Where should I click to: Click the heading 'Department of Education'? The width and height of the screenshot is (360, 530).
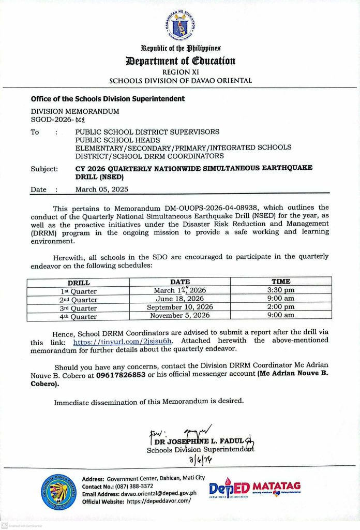coord(180,61)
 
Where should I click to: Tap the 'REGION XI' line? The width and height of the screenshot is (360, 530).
coord(180,72)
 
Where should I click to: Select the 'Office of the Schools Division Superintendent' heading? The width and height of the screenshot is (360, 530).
coord(108,98)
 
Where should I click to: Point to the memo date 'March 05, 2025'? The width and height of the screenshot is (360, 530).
coord(102,189)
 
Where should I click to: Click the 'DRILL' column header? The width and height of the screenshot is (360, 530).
coord(79,283)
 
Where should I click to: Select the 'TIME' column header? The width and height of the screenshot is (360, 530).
coord(281,282)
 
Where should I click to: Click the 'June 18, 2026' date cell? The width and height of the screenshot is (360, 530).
coord(180,299)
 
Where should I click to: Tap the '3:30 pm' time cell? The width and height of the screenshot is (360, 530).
coord(281,290)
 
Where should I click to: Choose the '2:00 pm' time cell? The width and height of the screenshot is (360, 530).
coord(281,307)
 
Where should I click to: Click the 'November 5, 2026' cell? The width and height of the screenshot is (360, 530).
coord(180,315)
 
